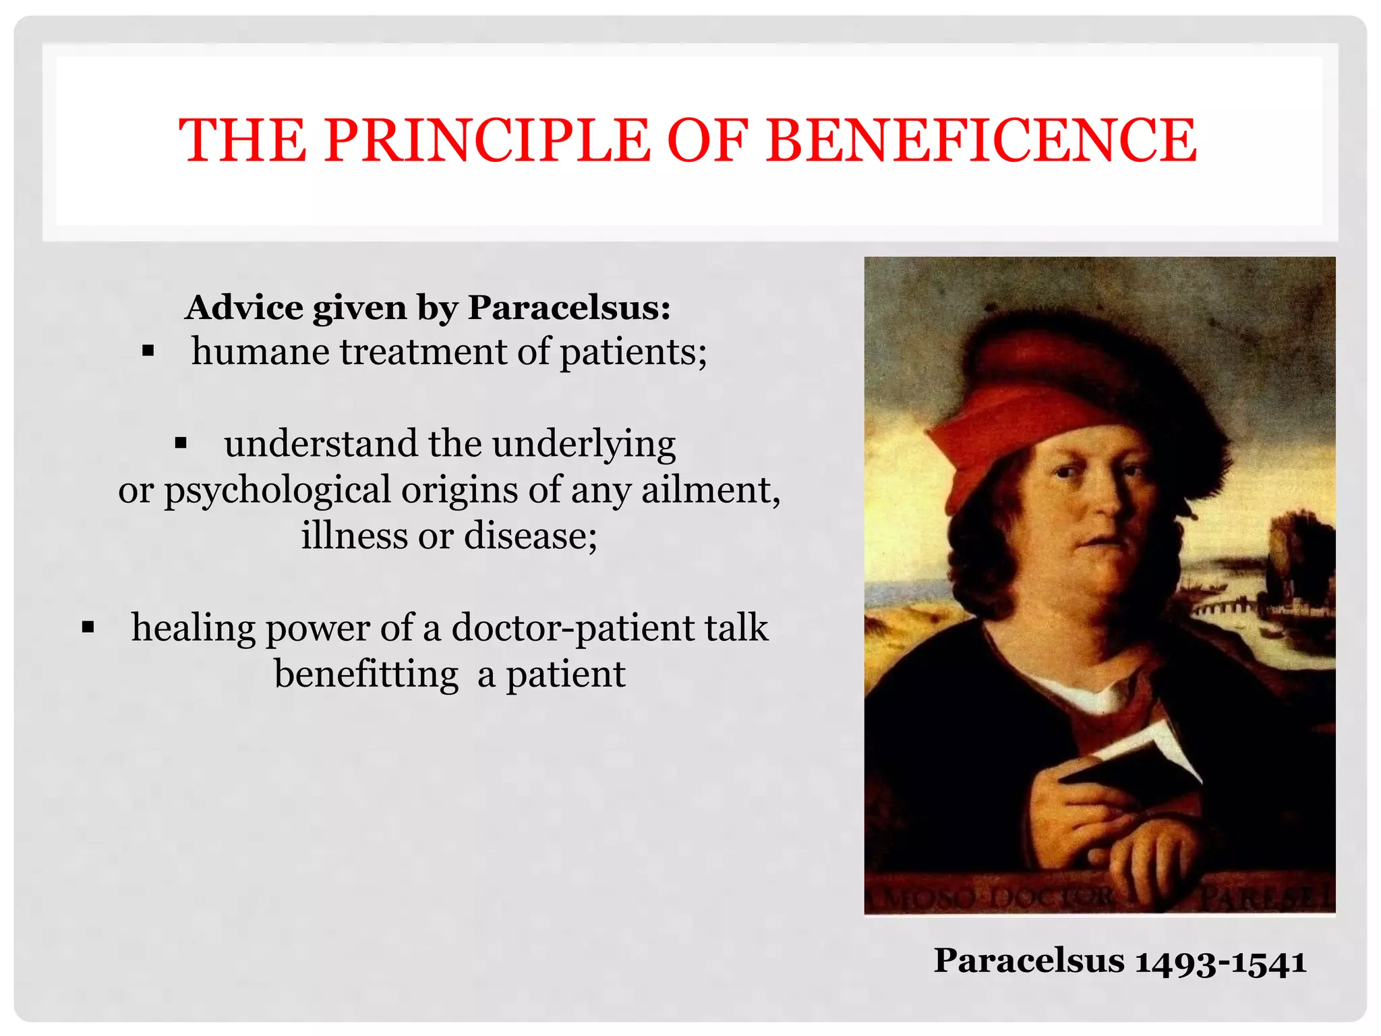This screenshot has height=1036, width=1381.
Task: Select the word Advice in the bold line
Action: click(x=244, y=308)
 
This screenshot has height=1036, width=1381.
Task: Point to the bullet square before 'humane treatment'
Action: click(x=148, y=351)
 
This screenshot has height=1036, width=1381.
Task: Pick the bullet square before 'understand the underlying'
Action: click(x=180, y=444)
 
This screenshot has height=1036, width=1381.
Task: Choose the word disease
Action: click(x=530, y=536)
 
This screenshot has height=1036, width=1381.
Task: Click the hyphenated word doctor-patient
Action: click(x=572, y=628)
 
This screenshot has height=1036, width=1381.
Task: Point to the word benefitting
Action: click(x=366, y=674)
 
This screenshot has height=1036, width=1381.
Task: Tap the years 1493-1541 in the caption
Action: click(x=1221, y=961)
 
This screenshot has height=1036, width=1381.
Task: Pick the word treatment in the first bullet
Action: click(x=423, y=351)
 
